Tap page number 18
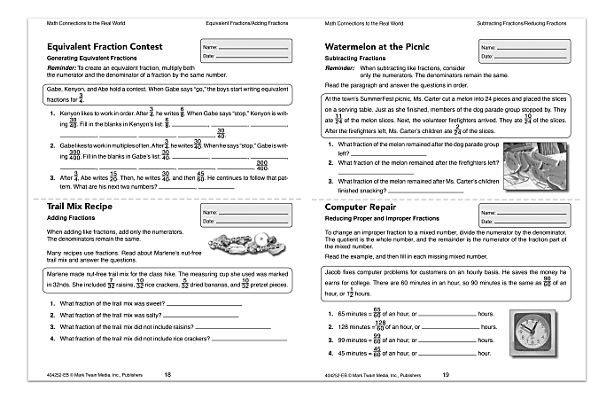168,375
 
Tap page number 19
445,375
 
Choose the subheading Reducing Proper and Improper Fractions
382,217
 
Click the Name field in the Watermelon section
528,47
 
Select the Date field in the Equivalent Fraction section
251,55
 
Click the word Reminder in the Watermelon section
341,67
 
